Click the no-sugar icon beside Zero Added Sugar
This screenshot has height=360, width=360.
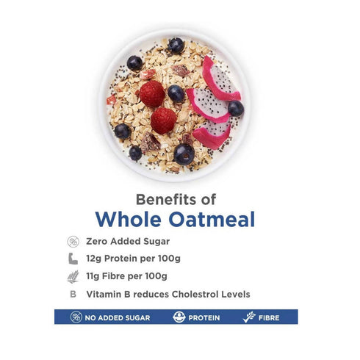tap(73, 241)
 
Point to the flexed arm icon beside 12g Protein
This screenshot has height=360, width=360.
tap(73, 259)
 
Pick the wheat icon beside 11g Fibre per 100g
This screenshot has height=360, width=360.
tap(73, 276)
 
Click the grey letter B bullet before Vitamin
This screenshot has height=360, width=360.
tap(73, 294)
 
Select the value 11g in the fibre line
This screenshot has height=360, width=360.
tap(93, 276)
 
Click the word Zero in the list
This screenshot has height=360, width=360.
tap(97, 241)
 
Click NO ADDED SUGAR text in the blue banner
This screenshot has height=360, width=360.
tap(118, 317)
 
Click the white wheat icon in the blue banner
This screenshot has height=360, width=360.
tap(248, 317)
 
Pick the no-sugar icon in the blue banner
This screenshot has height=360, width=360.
tap(76, 317)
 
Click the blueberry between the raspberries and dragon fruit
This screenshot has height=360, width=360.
tap(176, 93)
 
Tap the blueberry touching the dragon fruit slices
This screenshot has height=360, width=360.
tap(235, 109)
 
